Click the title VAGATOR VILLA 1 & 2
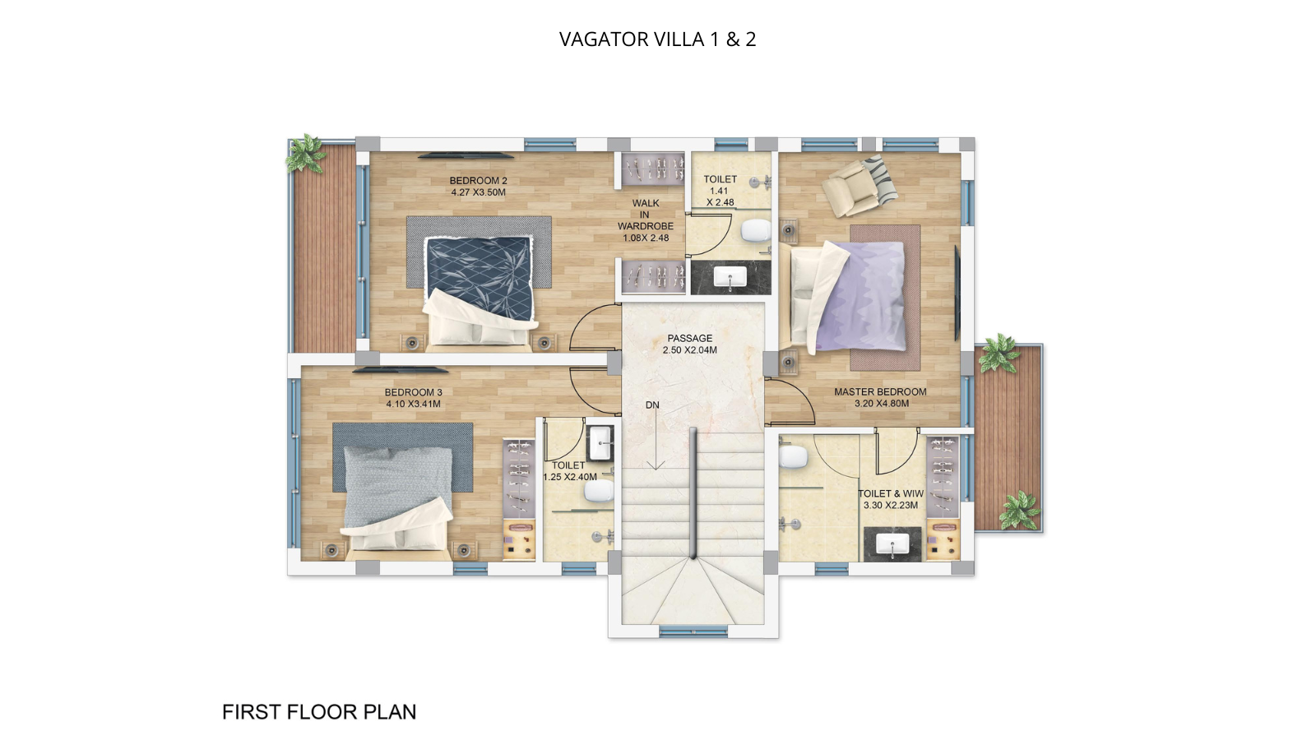click(657, 39)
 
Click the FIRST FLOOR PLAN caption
click(319, 712)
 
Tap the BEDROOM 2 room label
click(478, 181)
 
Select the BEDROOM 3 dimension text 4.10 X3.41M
click(413, 404)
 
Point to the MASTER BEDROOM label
click(880, 392)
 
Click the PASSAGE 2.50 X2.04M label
click(690, 344)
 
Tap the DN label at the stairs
click(652, 405)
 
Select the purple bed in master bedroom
click(851, 296)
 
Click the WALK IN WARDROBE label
click(646, 220)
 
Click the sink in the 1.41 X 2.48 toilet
click(730, 278)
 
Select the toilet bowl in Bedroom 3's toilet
click(599, 492)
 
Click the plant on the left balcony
click(306, 154)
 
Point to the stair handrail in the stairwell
click(693, 493)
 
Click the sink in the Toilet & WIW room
click(892, 543)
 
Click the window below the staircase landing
click(693, 631)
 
